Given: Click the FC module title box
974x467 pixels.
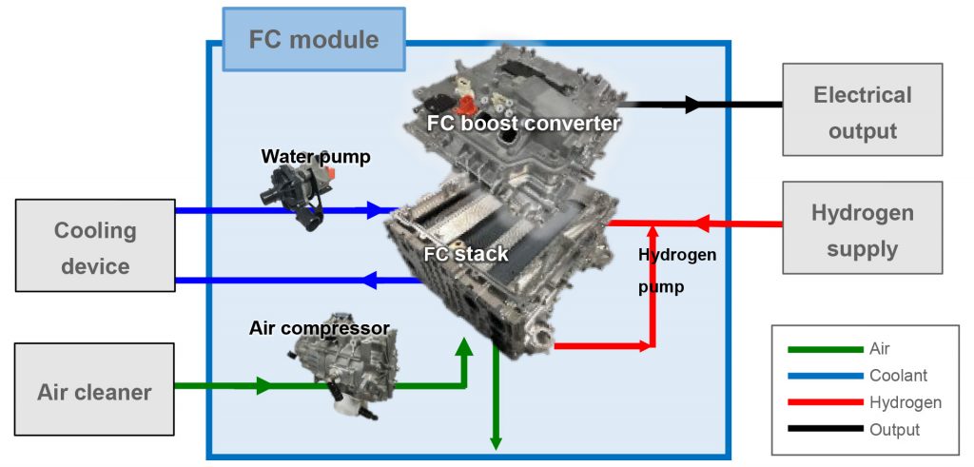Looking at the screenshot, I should tap(313, 40).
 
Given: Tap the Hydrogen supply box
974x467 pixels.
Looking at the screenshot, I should tap(862, 229).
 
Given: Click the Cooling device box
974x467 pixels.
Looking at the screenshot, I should tap(94, 247).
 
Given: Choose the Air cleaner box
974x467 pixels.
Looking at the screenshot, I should tap(94, 391).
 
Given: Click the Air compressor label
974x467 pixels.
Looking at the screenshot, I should tap(319, 328).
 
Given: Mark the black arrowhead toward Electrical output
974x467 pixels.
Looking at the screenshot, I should tap(693, 105).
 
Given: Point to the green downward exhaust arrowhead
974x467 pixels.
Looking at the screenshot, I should tap(496, 439).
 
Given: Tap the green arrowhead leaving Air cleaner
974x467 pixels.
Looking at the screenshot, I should tap(263, 386).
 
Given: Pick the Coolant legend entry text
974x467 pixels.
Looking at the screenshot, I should tap(898, 376).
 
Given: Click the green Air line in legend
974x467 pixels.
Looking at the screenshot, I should tap(824, 349).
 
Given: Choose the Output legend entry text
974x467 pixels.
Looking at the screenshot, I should tap(894, 430).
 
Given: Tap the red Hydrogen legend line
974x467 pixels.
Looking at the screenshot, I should tap(824, 403).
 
